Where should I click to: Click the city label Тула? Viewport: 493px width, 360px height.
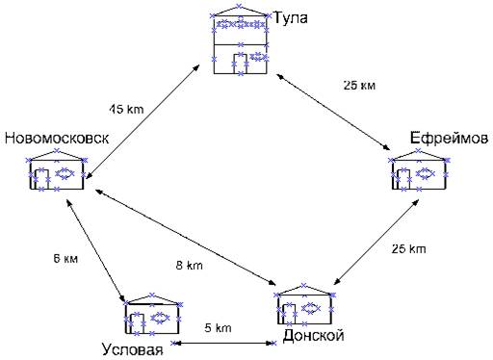coord(291,17)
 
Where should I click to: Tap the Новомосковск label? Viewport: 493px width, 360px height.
coord(57,139)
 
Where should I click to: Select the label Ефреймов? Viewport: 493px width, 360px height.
coord(449,139)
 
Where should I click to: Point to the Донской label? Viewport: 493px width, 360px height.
coord(313,336)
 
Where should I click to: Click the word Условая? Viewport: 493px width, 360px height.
coord(133,349)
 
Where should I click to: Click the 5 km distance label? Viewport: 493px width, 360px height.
coord(218,327)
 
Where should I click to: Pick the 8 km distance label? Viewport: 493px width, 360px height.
coord(190,266)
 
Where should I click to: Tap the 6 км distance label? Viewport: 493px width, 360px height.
coord(65,258)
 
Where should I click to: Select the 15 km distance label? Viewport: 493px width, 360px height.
coord(127,109)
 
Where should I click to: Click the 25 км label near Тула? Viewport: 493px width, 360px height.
coord(359,86)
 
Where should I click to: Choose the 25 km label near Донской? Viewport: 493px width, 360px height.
coord(408,249)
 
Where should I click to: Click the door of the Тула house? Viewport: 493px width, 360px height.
coord(241,64)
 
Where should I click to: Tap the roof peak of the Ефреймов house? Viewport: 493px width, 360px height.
coord(418,150)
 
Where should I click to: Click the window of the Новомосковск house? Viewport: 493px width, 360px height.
coord(65,173)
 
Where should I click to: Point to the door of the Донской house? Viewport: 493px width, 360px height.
coord(289,314)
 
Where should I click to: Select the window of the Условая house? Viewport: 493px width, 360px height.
coord(160,318)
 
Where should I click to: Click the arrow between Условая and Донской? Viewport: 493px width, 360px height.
coord(223,343)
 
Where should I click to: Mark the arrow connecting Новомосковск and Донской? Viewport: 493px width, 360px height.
coord(185,237)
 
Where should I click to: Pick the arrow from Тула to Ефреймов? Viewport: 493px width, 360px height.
coord(333,112)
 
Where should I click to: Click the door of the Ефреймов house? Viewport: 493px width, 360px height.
coord(403,179)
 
